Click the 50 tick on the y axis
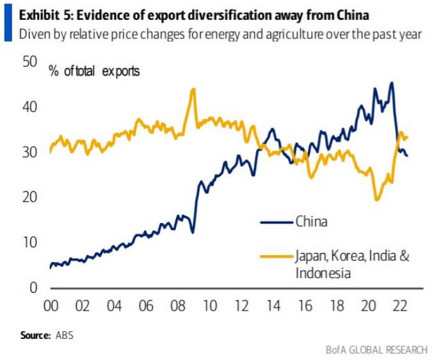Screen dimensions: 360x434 [29, 61]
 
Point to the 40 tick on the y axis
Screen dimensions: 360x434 [29, 106]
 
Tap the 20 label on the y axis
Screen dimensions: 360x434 [29, 197]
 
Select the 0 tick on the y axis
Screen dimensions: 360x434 [33, 288]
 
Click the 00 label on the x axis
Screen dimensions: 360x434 [51, 306]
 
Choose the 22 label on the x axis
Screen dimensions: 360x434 [399, 306]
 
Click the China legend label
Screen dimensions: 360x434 [311, 222]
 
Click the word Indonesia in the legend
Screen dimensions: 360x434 [323, 274]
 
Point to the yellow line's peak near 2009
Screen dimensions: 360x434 [193, 89]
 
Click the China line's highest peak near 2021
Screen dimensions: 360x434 [391, 83]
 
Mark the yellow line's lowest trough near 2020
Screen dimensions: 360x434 [377, 200]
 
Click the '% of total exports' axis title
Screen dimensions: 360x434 [94, 71]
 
